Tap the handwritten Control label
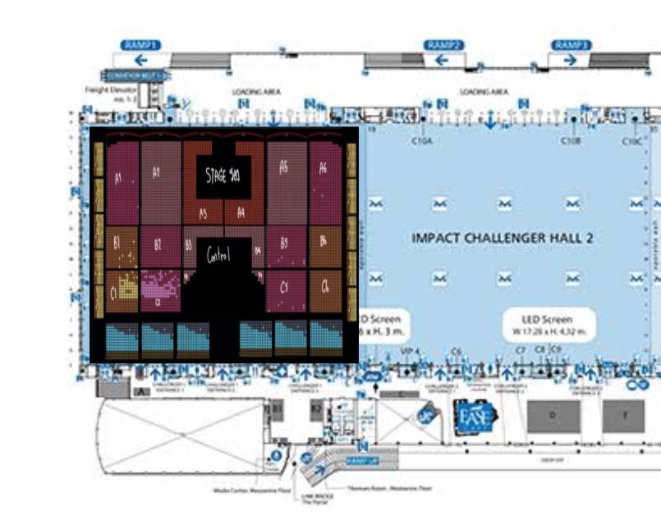pos(218,254)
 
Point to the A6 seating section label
pos(323,168)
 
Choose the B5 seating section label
pos(283,244)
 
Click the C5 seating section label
pos(284,287)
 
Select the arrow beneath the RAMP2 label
pos(443,60)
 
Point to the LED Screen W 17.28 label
pos(547,324)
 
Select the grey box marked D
pos(553,416)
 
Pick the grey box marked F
pos(628,416)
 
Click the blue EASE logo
pos(472,413)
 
